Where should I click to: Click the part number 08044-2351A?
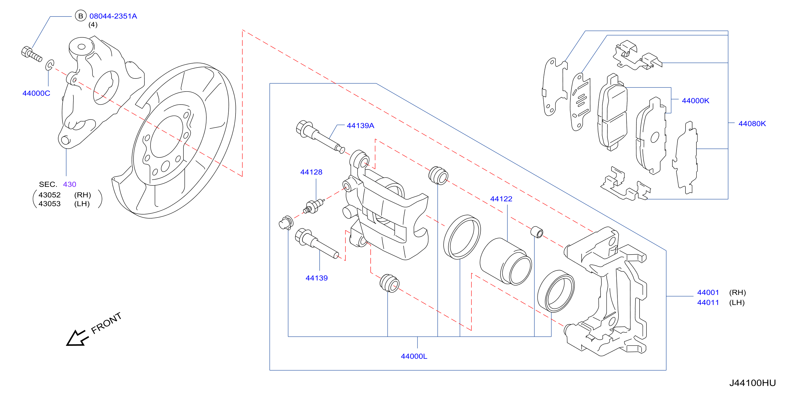(x=113, y=16)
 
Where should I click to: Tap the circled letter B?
(x=80, y=16)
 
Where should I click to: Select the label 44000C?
(x=36, y=93)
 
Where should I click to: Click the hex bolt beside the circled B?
(x=31, y=54)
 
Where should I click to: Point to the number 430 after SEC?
(x=69, y=184)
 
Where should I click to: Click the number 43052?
(x=49, y=195)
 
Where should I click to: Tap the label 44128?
(x=311, y=172)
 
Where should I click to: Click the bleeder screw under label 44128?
(x=314, y=206)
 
